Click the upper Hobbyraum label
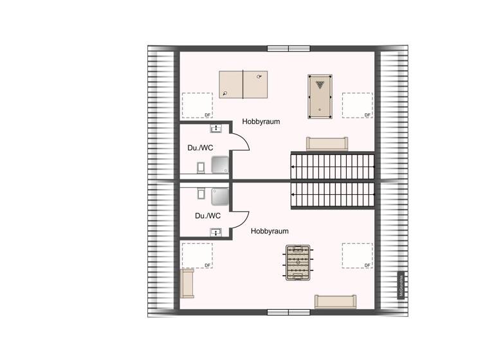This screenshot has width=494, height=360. [261, 121]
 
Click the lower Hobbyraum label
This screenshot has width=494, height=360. [270, 231]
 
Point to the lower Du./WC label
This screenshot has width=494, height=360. [208, 216]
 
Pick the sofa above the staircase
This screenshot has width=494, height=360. [327, 143]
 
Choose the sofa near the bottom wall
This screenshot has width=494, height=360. [335, 301]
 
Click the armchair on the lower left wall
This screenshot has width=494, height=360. [188, 283]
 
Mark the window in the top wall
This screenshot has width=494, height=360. [289, 48]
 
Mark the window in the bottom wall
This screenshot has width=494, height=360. [289, 312]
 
